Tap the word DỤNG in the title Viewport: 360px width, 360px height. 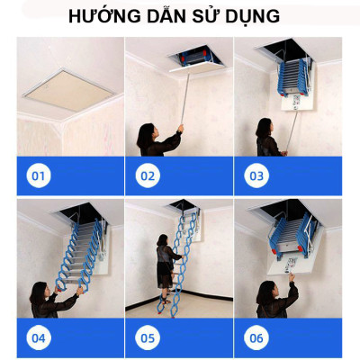coord(251,16)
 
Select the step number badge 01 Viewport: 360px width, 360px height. coord(38,175)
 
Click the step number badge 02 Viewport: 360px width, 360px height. coord(148,175)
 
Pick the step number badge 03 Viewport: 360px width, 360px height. coord(257,175)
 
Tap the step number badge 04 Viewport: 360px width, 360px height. coord(38,338)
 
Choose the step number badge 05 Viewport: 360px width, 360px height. coord(148,338)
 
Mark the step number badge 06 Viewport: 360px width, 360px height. coord(257,338)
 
